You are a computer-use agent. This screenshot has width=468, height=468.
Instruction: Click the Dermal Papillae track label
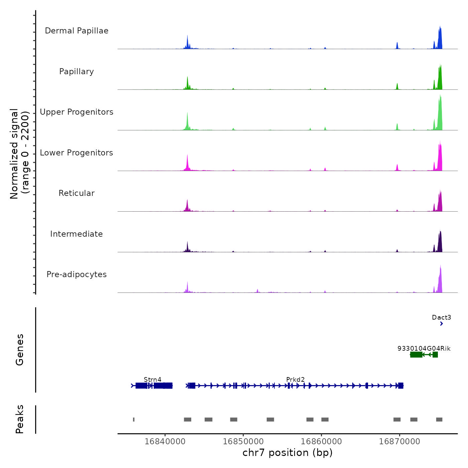(x=77, y=31)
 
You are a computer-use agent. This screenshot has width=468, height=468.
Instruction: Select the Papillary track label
(x=77, y=72)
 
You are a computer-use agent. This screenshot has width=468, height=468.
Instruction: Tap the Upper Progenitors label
(x=77, y=112)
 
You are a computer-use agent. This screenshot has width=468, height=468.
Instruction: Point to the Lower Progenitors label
(x=77, y=153)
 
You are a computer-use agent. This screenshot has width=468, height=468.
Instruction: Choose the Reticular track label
(x=77, y=193)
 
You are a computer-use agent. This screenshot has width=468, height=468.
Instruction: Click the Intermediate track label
(x=77, y=234)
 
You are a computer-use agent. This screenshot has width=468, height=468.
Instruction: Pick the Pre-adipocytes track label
(x=77, y=274)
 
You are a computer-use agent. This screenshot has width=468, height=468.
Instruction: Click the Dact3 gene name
(x=441, y=317)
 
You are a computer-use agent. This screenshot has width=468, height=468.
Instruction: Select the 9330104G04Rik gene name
(x=424, y=348)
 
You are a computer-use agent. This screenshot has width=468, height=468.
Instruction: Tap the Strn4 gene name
(x=152, y=379)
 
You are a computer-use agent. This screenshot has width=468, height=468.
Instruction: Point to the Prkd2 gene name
(x=296, y=379)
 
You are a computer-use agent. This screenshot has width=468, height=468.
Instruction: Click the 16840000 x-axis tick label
(x=165, y=441)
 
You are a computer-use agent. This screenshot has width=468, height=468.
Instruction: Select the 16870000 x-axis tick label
(x=399, y=441)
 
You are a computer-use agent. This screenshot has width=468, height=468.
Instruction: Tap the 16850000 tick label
(x=243, y=441)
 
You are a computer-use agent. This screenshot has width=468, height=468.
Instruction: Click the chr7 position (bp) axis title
(x=287, y=453)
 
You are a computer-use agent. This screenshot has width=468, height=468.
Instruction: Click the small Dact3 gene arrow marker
(x=442, y=324)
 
